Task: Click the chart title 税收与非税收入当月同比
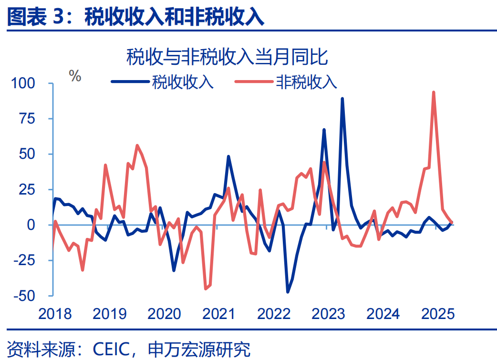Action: point(227,57)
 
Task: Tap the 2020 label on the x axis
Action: point(164,314)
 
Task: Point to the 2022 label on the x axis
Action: point(274,314)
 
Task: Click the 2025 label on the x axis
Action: point(438,314)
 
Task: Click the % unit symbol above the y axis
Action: point(75,75)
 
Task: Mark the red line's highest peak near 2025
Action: point(433,93)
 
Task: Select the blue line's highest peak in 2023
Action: point(342,99)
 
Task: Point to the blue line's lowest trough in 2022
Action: point(288,292)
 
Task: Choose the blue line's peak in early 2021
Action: point(228,156)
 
